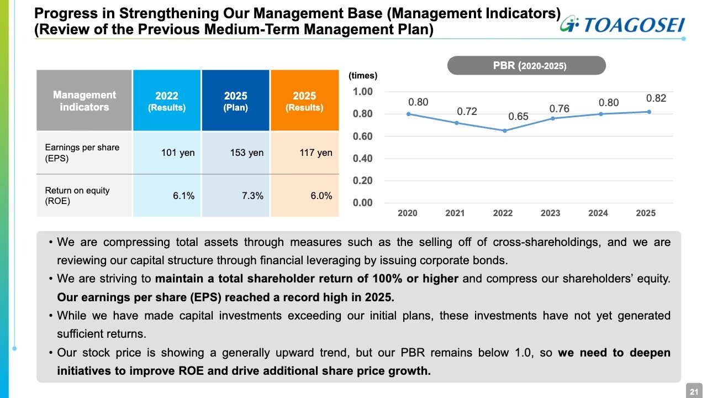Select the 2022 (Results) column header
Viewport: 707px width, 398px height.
[x=167, y=101]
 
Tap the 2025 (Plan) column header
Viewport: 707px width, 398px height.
[x=235, y=101]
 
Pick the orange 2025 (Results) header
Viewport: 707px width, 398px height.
[x=304, y=101]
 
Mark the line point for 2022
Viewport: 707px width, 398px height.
[x=503, y=130]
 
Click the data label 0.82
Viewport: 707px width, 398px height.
[x=656, y=98]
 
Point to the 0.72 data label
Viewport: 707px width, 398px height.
[x=467, y=112]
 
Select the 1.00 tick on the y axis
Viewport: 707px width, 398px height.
[x=363, y=92]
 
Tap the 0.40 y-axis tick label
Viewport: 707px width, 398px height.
[x=363, y=159]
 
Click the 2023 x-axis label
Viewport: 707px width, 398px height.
[x=550, y=213]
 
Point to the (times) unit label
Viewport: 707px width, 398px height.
[x=362, y=76]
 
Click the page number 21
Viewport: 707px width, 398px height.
[x=693, y=391]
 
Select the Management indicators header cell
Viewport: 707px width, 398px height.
[x=85, y=101]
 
